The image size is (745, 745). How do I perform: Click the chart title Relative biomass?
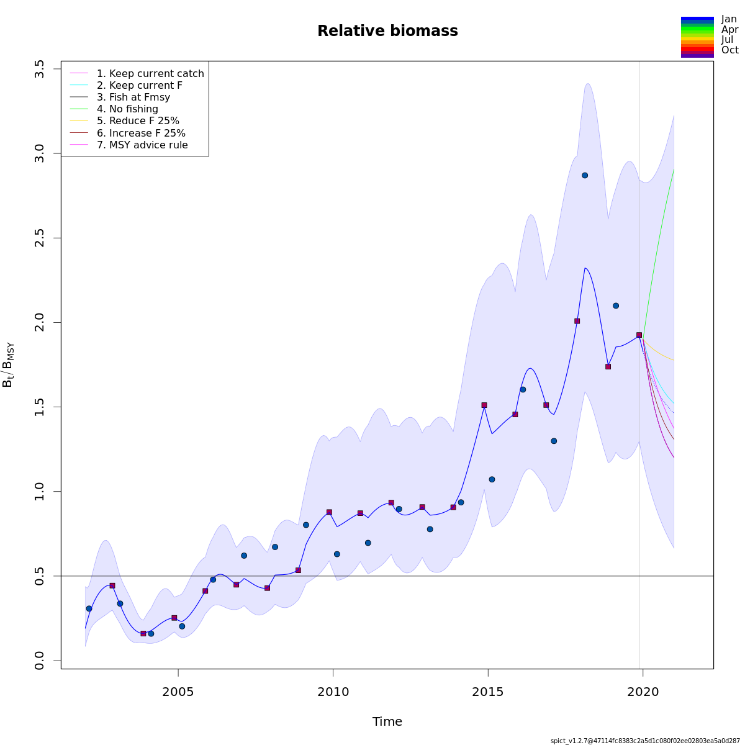pos(387,31)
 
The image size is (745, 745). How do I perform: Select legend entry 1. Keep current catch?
pos(150,74)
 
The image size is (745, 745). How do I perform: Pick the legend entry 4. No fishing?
pos(127,109)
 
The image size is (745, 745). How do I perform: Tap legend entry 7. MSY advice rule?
pos(142,145)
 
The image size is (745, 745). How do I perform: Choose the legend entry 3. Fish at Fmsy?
pos(133,97)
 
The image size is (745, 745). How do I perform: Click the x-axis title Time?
pos(387,722)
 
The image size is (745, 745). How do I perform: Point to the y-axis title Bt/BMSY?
pos(9,364)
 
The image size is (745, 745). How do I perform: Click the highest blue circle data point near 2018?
pos(585,175)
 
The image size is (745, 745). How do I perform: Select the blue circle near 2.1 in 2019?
pos(616,305)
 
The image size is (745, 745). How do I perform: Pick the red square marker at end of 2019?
pos(639,335)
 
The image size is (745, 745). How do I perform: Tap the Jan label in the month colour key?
pos(729,19)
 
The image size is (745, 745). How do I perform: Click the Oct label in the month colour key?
pos(729,50)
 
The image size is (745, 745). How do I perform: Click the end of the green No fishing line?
pos(674,169)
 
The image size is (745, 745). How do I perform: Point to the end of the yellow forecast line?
pos(674,361)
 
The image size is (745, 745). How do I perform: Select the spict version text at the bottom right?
pos(645,741)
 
